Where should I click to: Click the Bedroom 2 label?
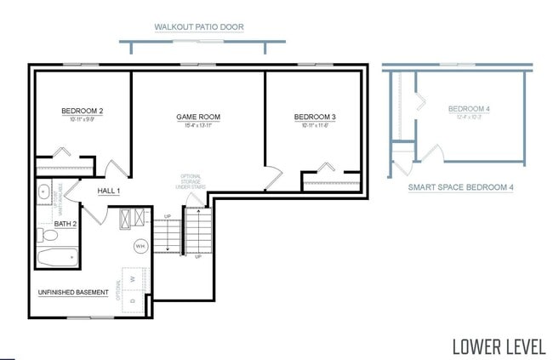click(x=83, y=111)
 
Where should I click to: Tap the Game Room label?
click(x=198, y=117)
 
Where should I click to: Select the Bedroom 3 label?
click(x=315, y=117)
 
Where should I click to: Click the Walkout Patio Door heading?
click(x=199, y=27)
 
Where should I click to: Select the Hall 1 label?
click(x=108, y=191)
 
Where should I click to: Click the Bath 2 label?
click(x=66, y=224)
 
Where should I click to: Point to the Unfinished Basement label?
click(x=73, y=293)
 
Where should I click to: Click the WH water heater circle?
click(x=140, y=246)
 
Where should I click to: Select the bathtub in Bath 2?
click(x=58, y=256)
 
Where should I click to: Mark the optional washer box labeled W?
click(x=134, y=277)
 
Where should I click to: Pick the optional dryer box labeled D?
click(x=133, y=300)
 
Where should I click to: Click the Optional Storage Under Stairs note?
click(x=191, y=185)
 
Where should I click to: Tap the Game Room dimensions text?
click(x=198, y=126)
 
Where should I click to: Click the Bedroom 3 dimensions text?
click(x=315, y=126)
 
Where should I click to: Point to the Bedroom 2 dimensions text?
click(x=83, y=120)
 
